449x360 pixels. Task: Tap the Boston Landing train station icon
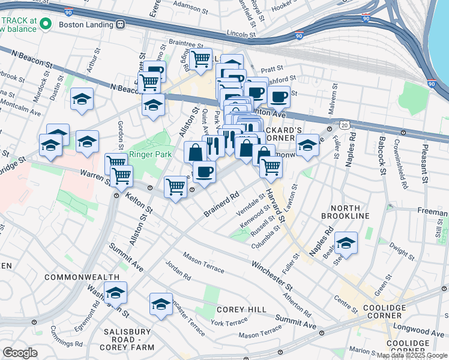tap(121, 25)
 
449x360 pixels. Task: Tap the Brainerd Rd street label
tap(221, 204)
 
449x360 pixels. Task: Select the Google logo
tap(20, 353)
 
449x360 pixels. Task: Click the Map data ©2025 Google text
tap(411, 355)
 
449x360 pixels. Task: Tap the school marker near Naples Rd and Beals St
tap(346, 243)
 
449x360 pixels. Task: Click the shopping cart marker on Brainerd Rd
tap(175, 186)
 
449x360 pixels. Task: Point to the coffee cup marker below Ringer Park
tap(204, 172)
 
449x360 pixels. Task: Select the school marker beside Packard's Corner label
tap(307, 145)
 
